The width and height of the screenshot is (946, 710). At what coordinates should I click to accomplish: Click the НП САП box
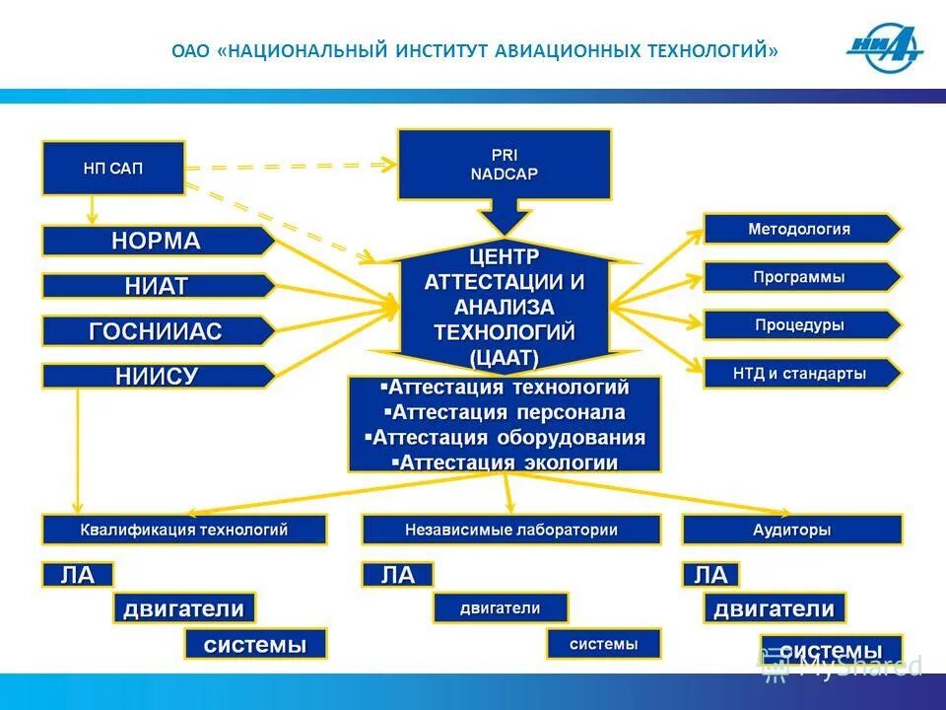[x=112, y=168]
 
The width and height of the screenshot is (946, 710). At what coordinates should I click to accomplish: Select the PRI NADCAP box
[x=504, y=165]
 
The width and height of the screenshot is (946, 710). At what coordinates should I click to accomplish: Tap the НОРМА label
[x=156, y=241]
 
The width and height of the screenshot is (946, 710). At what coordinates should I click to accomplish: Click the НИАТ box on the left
[x=156, y=286]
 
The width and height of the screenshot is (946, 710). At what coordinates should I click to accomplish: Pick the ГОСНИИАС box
[x=156, y=331]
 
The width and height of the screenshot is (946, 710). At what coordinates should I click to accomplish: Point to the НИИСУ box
[x=156, y=376]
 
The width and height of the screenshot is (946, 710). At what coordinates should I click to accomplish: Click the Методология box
[x=799, y=229]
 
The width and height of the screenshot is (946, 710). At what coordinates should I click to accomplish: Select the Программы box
[x=799, y=277]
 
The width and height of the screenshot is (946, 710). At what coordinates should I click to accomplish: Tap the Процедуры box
[x=799, y=324]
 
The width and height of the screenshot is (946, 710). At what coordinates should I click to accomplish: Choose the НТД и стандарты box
[x=799, y=373]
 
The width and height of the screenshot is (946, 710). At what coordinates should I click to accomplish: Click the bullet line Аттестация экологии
[x=505, y=461]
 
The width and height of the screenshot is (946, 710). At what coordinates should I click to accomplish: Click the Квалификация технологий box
[x=183, y=530]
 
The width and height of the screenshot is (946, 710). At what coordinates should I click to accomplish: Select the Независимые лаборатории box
[x=510, y=530]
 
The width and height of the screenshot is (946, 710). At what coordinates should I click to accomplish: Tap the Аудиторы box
[x=791, y=530]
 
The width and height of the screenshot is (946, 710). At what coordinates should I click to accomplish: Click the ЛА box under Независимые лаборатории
[x=398, y=575]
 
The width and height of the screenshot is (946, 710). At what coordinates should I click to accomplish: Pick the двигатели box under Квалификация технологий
[x=183, y=608]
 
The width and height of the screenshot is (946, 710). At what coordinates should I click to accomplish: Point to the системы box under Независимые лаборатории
[x=603, y=644]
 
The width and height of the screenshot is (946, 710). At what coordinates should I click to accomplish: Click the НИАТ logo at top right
[x=884, y=49]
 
